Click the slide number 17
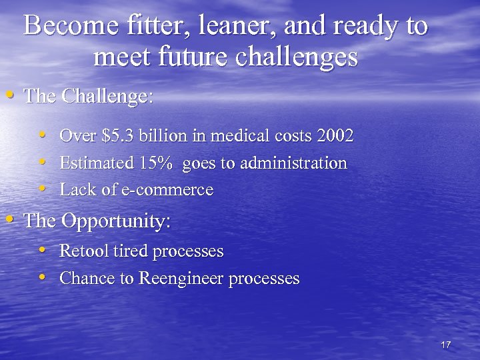446,345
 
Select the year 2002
335,136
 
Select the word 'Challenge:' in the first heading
107,96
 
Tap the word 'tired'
131,251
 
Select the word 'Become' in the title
64,27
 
